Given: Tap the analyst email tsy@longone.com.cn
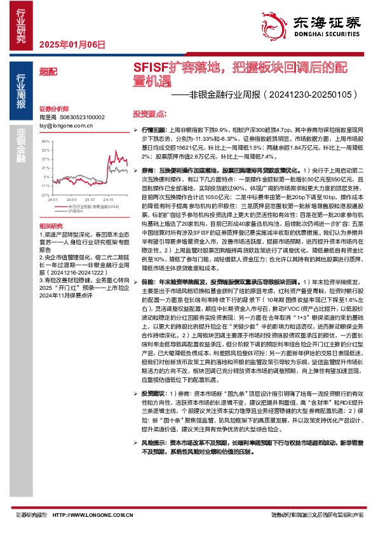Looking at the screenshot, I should point(67,126).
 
